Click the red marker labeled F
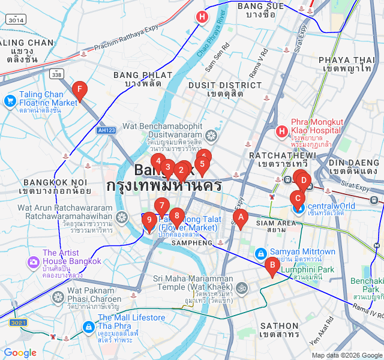(x=79, y=91)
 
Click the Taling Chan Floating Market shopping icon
(x=10, y=100)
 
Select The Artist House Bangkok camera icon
(x=33, y=262)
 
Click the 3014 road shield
(x=16, y=20)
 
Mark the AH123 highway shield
(x=106, y=130)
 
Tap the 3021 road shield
(x=19, y=323)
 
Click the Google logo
(x=20, y=353)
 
